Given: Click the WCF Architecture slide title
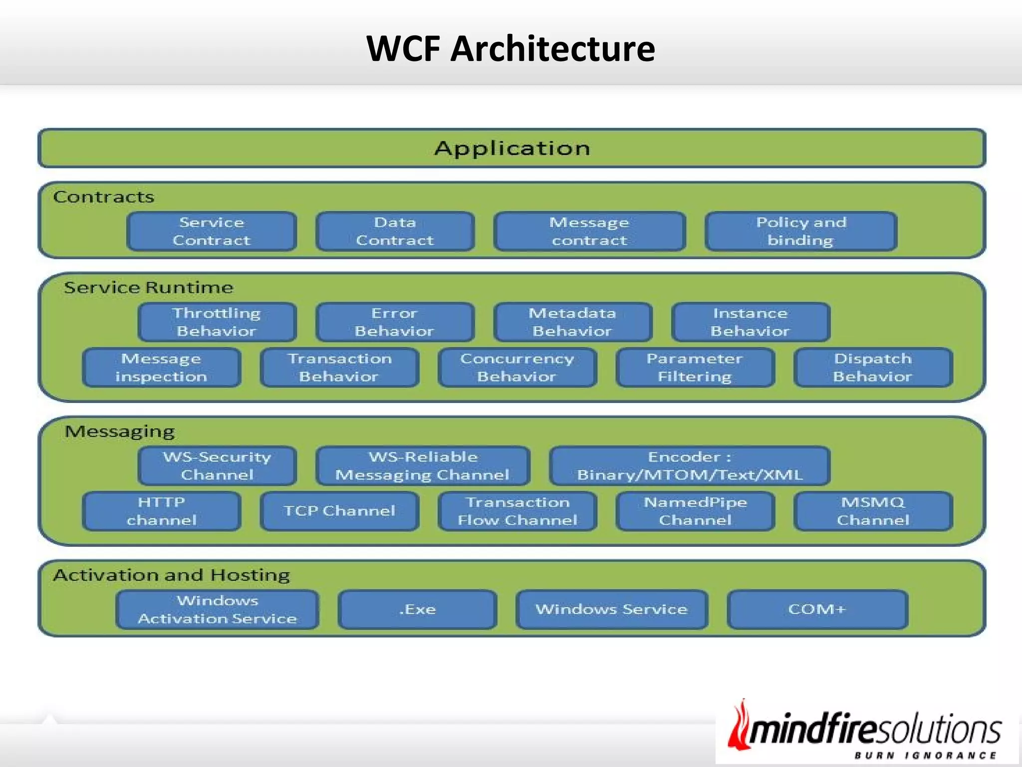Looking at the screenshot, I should (x=511, y=48).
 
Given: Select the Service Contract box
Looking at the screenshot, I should (x=212, y=231).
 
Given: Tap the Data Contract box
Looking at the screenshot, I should (x=395, y=231).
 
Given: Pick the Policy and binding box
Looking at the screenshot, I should (x=801, y=231).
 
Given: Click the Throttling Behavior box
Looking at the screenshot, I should (x=217, y=322).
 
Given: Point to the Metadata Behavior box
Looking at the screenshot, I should (x=572, y=322).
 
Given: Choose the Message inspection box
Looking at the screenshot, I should (x=161, y=368).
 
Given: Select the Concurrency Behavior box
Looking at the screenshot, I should (x=517, y=368).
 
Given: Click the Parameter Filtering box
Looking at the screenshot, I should (x=695, y=368).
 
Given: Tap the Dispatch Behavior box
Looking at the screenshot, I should (x=873, y=368).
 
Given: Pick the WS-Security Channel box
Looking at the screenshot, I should (x=217, y=465).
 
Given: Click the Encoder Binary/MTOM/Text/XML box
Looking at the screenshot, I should (x=690, y=465).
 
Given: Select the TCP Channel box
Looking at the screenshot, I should (x=339, y=511).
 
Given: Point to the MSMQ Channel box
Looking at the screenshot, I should (x=873, y=511).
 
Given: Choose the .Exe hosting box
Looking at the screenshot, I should (x=417, y=609).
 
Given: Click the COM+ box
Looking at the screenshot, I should (x=817, y=609).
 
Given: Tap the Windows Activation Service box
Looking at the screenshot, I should (x=217, y=609).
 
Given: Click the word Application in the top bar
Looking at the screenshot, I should (x=512, y=148).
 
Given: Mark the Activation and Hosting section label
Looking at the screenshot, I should (x=171, y=575).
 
